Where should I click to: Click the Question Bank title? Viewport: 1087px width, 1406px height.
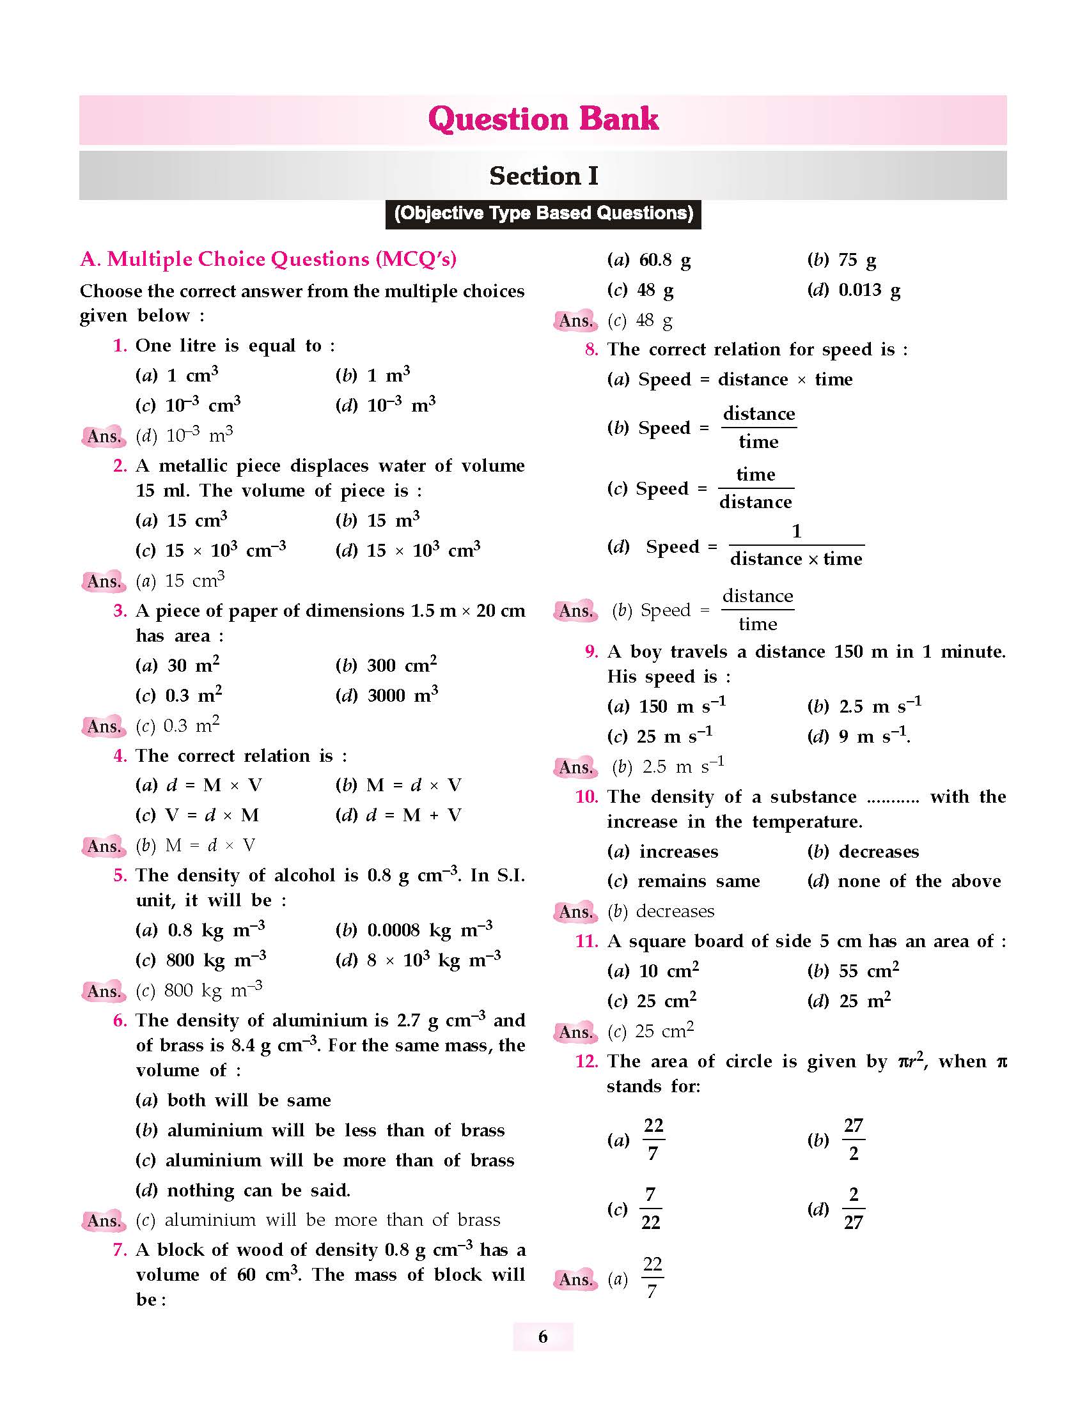click(x=543, y=120)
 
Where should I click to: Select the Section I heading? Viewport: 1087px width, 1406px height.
click(x=543, y=176)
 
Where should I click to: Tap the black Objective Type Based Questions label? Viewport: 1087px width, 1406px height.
click(x=543, y=213)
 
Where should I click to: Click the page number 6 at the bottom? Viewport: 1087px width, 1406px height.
click(x=543, y=1337)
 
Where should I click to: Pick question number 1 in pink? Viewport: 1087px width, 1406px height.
click(x=120, y=346)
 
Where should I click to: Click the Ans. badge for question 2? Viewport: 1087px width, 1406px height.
click(x=103, y=582)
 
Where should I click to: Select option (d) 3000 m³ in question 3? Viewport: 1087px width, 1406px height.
click(x=386, y=695)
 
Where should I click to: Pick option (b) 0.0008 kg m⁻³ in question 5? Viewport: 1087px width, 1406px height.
click(x=414, y=930)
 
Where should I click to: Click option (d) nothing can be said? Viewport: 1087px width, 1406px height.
click(x=243, y=1191)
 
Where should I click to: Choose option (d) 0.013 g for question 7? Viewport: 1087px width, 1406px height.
click(x=853, y=290)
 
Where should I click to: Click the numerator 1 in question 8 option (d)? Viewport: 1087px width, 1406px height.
click(x=797, y=531)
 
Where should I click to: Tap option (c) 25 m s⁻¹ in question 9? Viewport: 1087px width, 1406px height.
click(x=659, y=736)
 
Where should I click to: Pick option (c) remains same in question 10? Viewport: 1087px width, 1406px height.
click(x=684, y=881)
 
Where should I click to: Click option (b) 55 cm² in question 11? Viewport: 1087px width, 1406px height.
click(x=852, y=971)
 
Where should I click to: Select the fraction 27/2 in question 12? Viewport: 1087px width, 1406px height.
click(x=853, y=1139)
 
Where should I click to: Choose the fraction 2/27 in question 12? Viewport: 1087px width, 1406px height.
click(x=853, y=1209)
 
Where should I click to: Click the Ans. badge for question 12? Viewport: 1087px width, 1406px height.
click(x=575, y=1279)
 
